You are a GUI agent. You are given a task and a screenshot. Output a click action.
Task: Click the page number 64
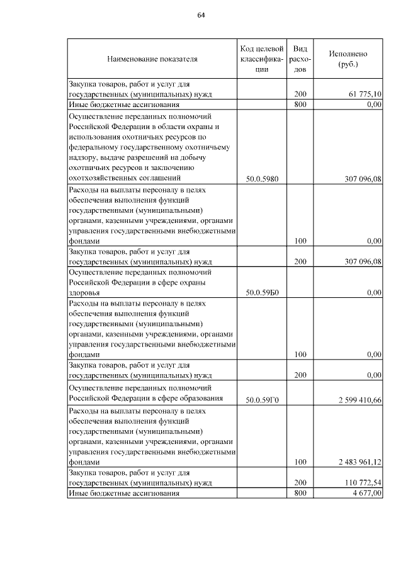point(201,14)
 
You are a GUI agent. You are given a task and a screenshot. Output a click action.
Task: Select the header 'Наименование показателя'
point(152,59)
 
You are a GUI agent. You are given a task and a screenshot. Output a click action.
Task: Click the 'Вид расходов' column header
point(300,59)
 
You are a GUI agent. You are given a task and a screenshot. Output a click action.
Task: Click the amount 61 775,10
point(365,94)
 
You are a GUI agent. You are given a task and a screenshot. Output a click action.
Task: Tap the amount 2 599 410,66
point(357,400)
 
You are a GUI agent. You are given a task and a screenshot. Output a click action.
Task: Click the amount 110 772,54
point(361,483)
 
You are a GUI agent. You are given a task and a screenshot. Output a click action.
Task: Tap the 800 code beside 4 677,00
point(300,493)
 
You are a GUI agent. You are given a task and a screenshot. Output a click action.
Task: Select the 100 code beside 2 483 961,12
point(300,462)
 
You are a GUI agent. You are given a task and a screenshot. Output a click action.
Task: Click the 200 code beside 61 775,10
point(300,94)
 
